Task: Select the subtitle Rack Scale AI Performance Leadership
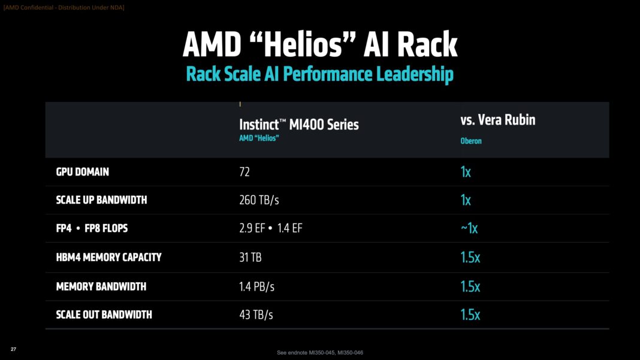coord(320,74)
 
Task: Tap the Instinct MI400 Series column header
coord(299,124)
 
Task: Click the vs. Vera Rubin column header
coord(497,120)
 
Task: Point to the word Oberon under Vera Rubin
coord(470,141)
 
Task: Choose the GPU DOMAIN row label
coord(83,172)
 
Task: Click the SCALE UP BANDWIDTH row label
coord(101,200)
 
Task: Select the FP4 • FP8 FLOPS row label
coord(92,228)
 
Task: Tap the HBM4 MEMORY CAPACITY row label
coord(108,257)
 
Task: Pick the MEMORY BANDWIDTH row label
coord(101,286)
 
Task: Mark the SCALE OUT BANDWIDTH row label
coord(104,314)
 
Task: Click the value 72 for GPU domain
coord(244,172)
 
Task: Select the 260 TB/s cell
coord(259,200)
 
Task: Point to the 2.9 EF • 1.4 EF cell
coord(271,228)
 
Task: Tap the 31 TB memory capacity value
coord(250,257)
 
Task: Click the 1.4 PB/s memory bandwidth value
coord(256,286)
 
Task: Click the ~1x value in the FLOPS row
coord(469,228)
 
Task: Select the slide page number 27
coord(13,349)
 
